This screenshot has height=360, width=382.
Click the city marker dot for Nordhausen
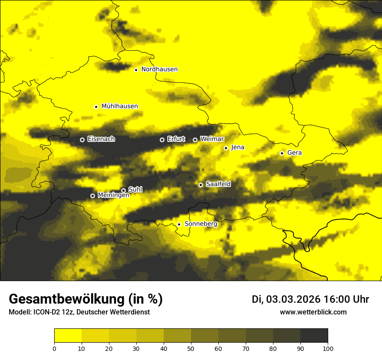[x=136, y=70]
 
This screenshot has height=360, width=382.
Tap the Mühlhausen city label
[x=119, y=106]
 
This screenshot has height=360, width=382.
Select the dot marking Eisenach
[x=82, y=140]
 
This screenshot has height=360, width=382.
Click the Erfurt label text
[x=176, y=139]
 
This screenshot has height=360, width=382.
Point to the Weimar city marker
[x=195, y=140]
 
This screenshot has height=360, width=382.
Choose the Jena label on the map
[x=237, y=147]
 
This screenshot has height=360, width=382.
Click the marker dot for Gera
[x=282, y=153]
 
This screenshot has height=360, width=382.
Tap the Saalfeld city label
[x=218, y=184]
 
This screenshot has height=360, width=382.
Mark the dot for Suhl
[x=123, y=190]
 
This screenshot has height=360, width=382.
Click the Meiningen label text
[x=113, y=195]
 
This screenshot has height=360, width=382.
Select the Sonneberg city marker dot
[x=179, y=224]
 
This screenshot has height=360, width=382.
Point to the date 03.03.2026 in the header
[x=293, y=299]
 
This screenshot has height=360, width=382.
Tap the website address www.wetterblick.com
[x=313, y=312]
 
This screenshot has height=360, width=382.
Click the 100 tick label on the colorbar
[x=327, y=348]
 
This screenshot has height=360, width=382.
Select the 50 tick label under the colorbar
[x=191, y=348]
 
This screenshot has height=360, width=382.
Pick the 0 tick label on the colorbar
[x=54, y=348]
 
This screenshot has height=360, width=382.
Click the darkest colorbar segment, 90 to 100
[x=314, y=336]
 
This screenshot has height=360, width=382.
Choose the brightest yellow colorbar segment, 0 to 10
[x=68, y=336]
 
